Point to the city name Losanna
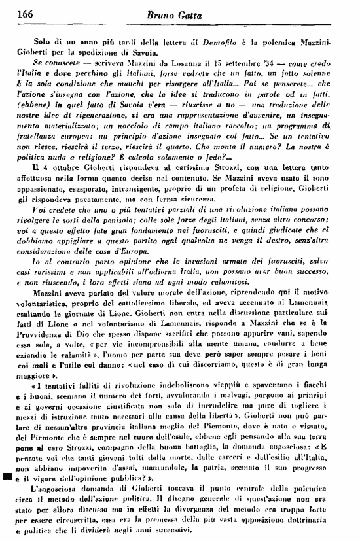(176, 62)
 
